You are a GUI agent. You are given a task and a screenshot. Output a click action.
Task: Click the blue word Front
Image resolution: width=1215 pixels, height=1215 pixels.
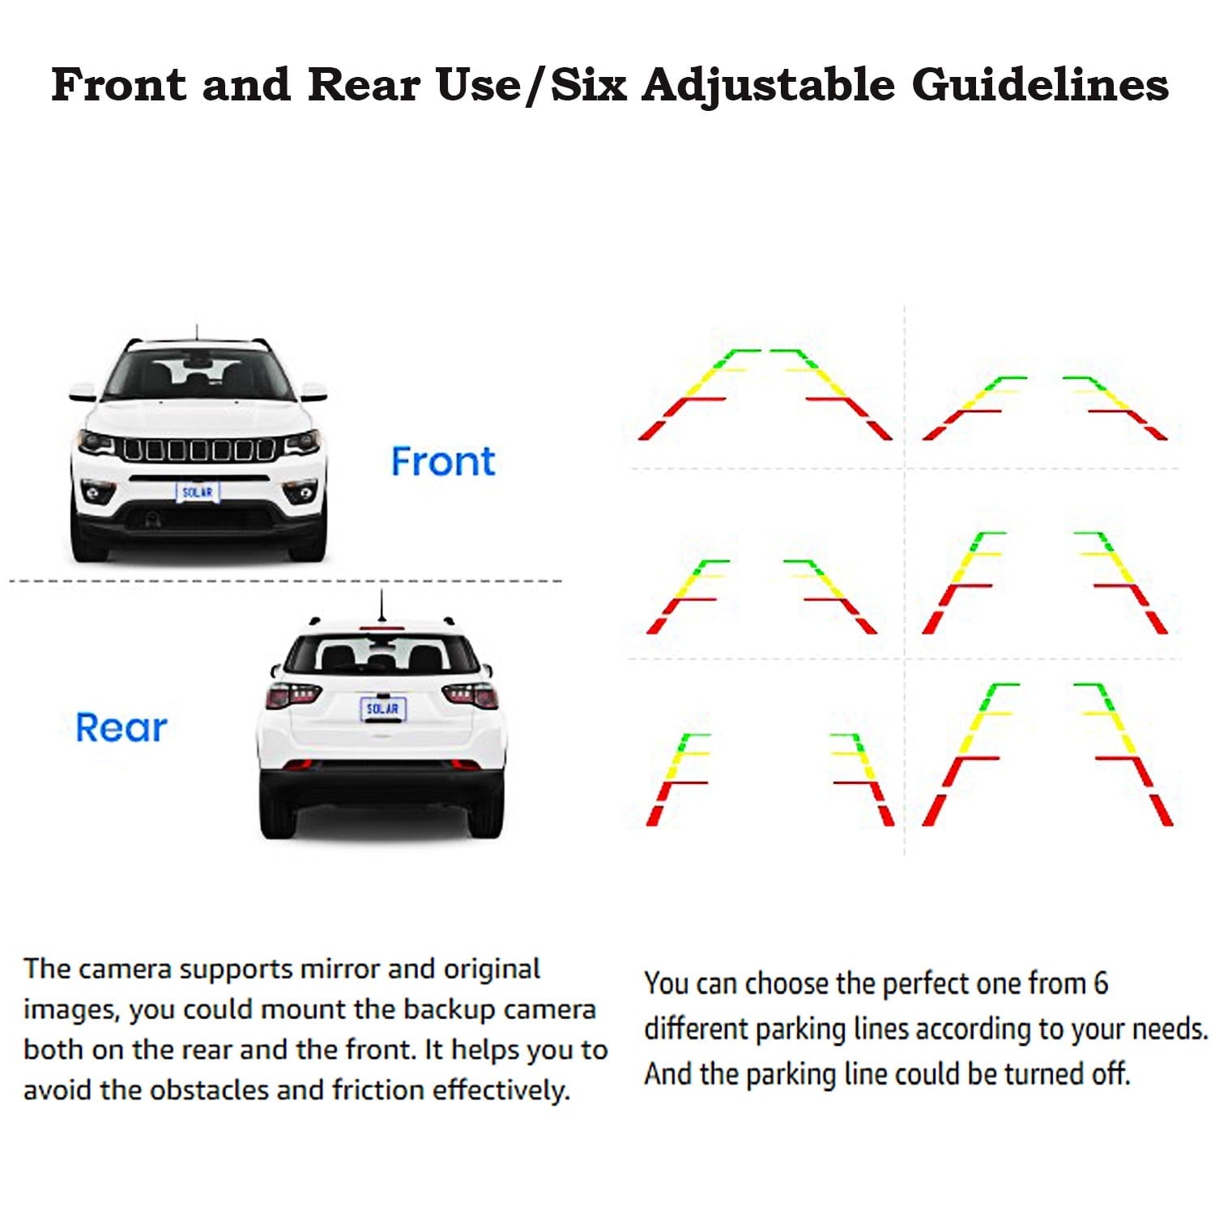443,462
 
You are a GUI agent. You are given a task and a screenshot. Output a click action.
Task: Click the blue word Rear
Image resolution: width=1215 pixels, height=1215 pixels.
122,727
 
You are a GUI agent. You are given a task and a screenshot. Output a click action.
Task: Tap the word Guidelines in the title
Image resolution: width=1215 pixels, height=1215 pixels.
1040,85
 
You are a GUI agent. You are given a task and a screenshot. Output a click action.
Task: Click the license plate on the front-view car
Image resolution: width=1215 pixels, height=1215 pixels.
198,492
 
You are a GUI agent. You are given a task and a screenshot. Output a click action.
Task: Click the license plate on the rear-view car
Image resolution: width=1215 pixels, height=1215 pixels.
382,709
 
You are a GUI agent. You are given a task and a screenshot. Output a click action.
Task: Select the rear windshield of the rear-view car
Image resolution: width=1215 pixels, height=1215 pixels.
382,654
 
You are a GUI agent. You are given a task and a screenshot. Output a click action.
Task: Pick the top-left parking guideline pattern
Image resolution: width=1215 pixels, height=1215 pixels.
765,394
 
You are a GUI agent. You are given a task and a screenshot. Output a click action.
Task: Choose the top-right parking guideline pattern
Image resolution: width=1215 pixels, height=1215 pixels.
1045,408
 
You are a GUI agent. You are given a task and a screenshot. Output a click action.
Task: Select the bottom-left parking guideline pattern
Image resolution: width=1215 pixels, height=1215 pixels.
770,780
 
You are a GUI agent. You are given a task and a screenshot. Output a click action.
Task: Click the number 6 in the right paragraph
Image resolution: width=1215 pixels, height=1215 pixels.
1100,983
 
